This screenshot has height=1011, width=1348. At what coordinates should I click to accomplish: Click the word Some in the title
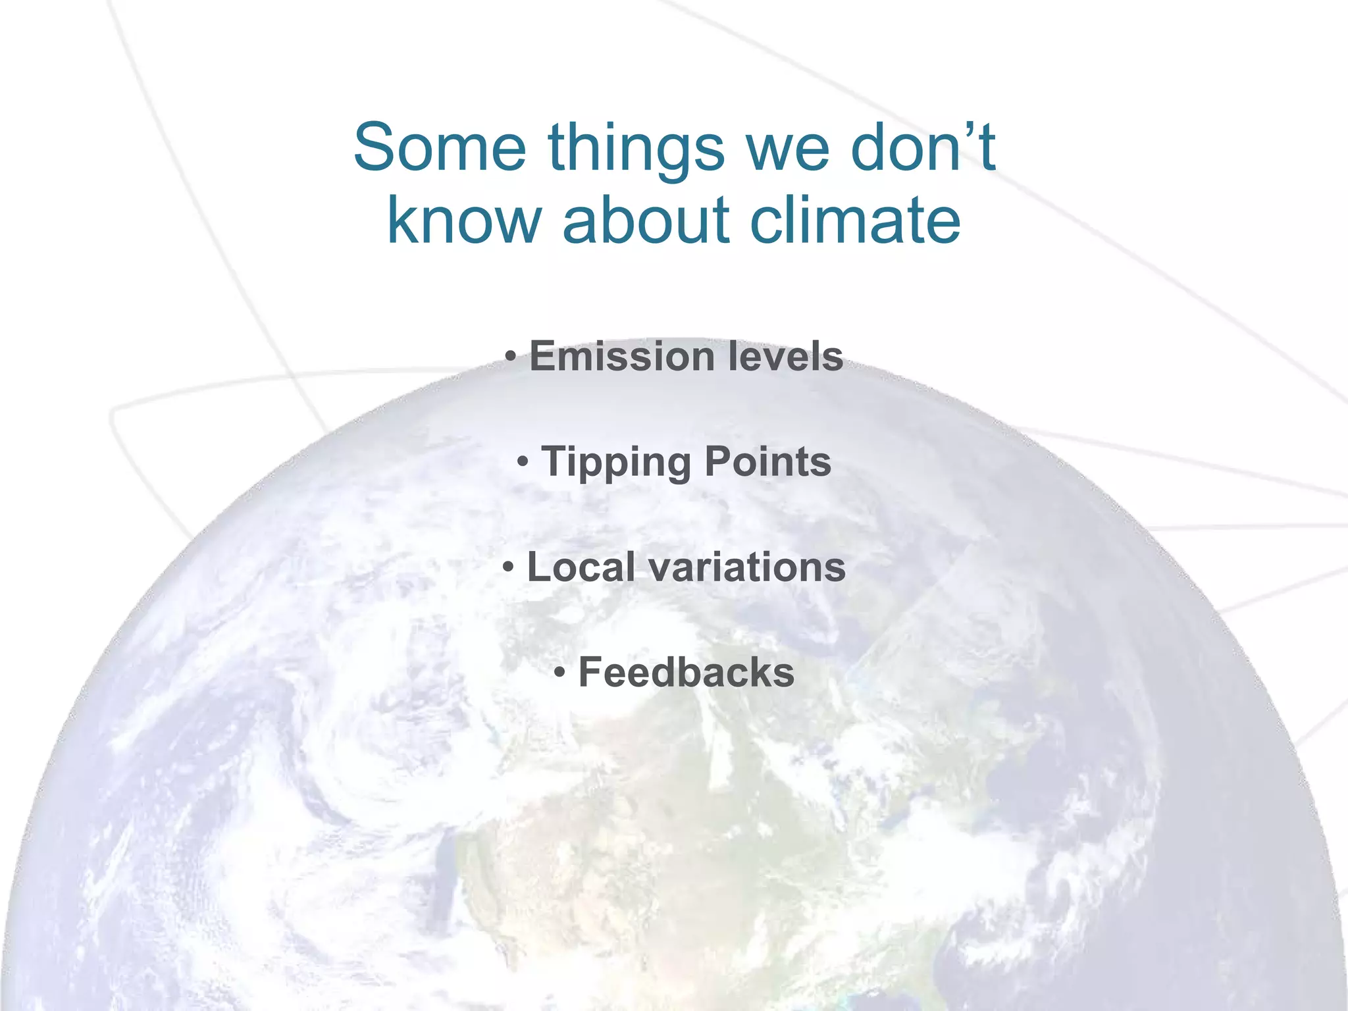point(440,147)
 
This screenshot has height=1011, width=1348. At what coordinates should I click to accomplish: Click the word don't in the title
point(923,147)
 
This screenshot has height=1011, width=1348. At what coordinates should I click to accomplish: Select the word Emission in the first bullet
point(622,356)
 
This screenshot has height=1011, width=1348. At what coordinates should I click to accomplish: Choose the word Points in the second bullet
point(767,461)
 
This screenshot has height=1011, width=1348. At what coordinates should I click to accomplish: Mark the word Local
point(581,567)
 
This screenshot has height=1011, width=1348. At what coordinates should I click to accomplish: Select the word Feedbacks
point(686,673)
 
